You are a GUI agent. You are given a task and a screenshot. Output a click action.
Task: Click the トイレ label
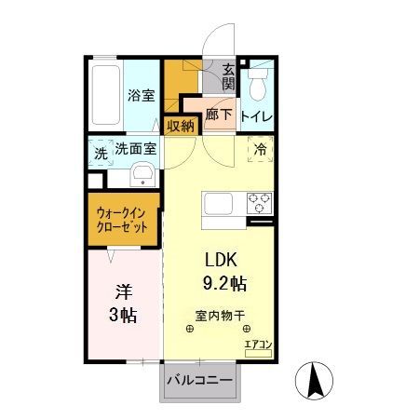click(x=256, y=116)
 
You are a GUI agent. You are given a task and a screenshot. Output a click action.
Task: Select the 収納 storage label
click(x=180, y=126)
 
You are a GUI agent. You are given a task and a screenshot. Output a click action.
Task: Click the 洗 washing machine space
click(x=100, y=154)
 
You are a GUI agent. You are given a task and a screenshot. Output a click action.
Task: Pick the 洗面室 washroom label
click(x=135, y=149)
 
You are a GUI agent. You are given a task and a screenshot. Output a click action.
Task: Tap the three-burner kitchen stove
click(x=257, y=200)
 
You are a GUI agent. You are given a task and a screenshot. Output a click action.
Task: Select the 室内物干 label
click(x=220, y=314)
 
